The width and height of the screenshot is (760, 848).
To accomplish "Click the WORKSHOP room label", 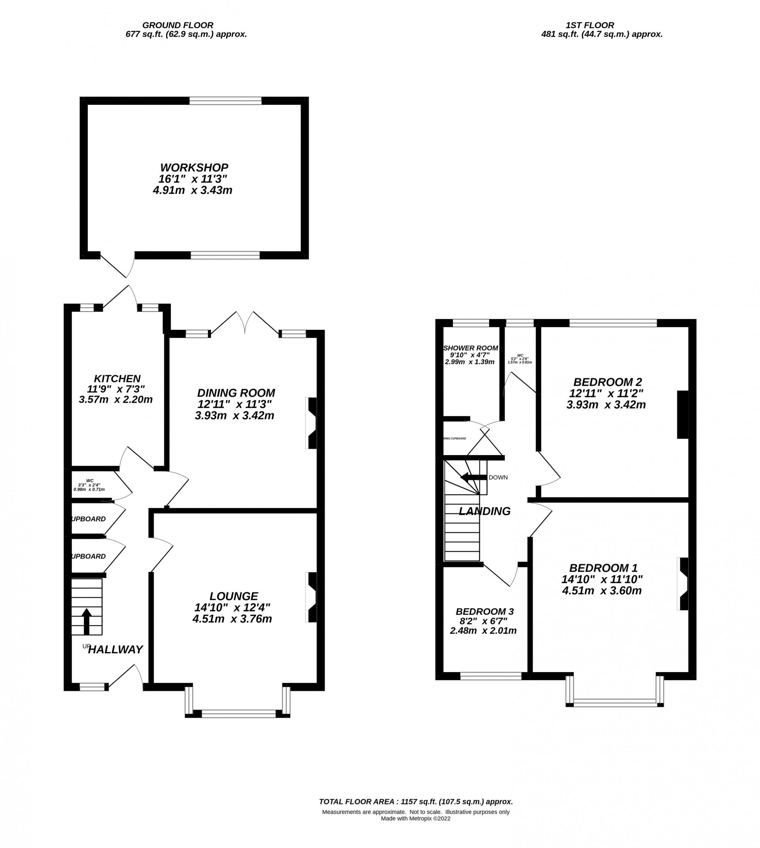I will point(194,168).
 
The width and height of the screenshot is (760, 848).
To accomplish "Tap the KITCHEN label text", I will point(117,379).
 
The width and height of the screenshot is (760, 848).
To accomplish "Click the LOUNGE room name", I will point(234,596).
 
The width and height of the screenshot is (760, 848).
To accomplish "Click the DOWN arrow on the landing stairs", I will point(473,477).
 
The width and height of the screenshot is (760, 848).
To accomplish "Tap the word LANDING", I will point(484,511).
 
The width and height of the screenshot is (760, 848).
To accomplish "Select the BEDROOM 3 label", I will point(484,611).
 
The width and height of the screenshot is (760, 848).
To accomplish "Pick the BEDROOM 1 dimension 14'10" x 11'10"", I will point(602,579).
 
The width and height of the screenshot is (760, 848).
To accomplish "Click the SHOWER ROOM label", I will point(470,348).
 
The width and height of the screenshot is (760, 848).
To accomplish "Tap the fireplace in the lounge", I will point(312,597).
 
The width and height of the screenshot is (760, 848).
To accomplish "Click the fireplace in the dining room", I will point(312,423).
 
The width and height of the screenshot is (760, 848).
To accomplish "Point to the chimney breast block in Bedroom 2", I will point(682,415).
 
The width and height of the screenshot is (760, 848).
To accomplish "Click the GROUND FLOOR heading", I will point(177,25).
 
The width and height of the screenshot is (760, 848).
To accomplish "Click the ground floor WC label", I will point(89,481).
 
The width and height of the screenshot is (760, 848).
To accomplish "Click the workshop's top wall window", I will point(225,101).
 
